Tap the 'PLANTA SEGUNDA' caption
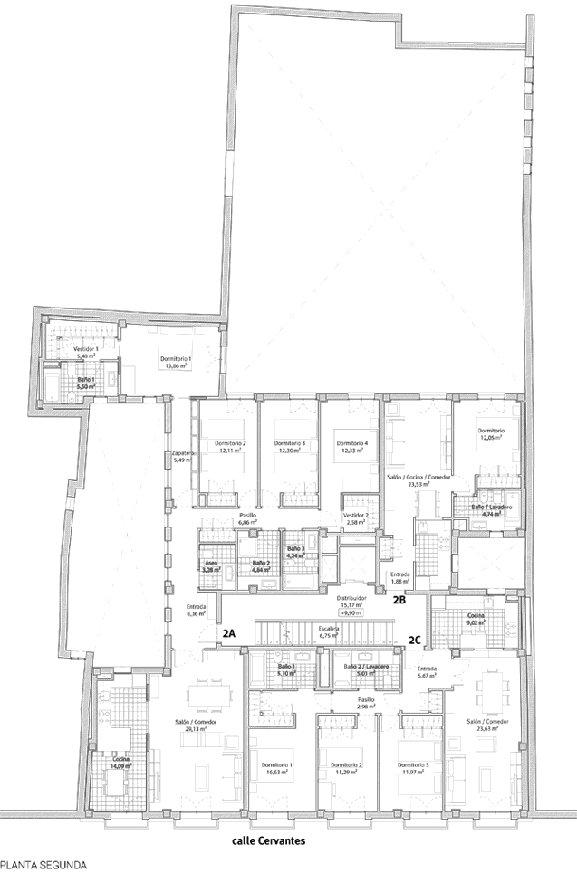43,865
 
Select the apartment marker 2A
229,634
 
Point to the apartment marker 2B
399,599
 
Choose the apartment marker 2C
414,639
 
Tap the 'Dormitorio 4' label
351,443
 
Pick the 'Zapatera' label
184,453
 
